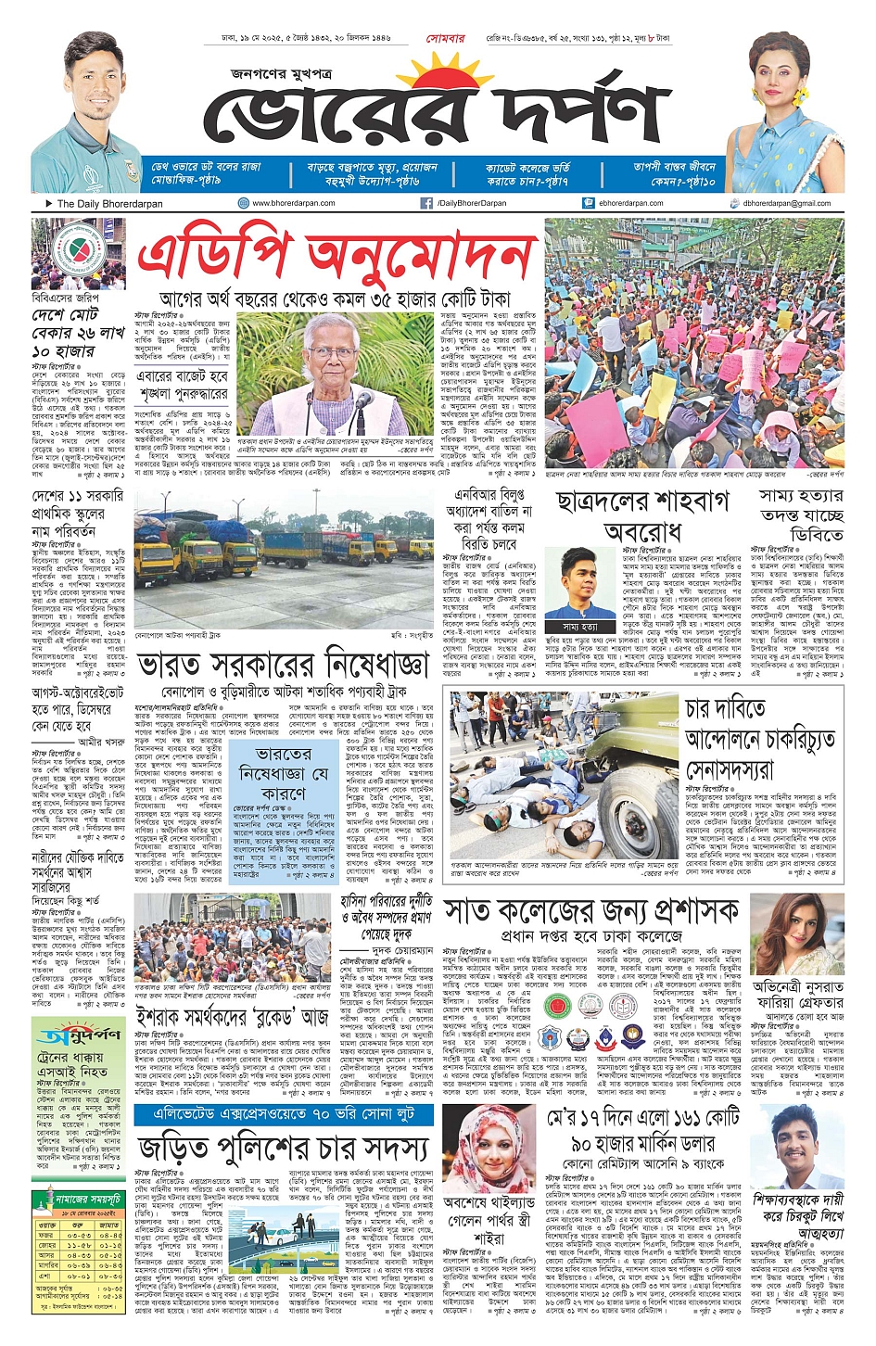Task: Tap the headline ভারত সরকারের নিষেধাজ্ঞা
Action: click(x=283, y=666)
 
